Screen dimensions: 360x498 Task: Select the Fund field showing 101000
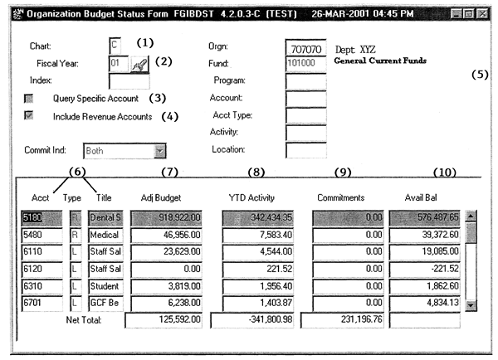point(308,64)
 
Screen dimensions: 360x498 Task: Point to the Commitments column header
point(342,197)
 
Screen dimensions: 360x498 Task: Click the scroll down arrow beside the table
point(471,304)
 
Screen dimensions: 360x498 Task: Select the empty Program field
point(308,80)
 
